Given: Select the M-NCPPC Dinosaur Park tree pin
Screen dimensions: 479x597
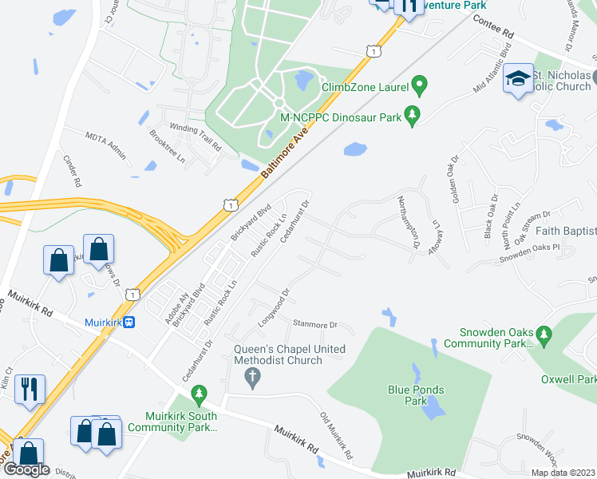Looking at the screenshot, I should pyautogui.click(x=413, y=117).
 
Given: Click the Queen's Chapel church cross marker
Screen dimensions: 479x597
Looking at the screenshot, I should pyautogui.click(x=253, y=378).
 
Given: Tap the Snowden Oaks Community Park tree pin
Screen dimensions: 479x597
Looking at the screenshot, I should pyautogui.click(x=544, y=333).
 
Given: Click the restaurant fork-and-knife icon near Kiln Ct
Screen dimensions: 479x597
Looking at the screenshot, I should pyautogui.click(x=30, y=390).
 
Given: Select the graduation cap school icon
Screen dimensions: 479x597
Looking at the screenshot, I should pyautogui.click(x=519, y=78).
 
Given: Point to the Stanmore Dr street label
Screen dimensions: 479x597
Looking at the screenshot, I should pyautogui.click(x=316, y=326).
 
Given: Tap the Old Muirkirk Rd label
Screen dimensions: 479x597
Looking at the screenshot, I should pyautogui.click(x=338, y=440).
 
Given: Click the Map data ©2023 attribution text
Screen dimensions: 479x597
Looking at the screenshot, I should pyautogui.click(x=562, y=473).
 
